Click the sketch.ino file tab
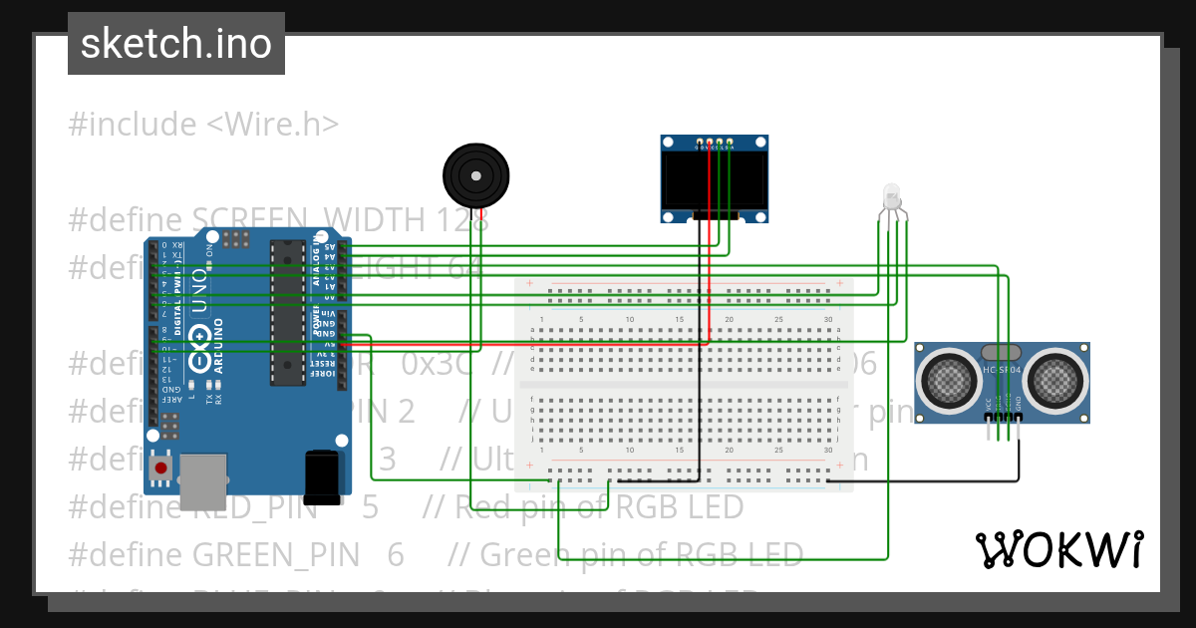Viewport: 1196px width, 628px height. click(176, 44)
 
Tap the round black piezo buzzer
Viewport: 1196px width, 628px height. click(476, 175)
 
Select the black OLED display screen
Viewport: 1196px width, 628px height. click(715, 179)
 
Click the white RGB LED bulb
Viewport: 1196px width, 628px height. click(892, 195)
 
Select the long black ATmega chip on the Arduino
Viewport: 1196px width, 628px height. click(287, 311)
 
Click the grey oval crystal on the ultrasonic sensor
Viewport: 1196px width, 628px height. click(1002, 352)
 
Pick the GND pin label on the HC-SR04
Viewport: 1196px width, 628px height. click(1019, 403)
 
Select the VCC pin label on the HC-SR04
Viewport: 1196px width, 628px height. click(989, 403)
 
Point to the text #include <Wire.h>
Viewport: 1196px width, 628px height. click(203, 125)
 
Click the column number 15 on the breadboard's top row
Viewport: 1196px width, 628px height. click(679, 319)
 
